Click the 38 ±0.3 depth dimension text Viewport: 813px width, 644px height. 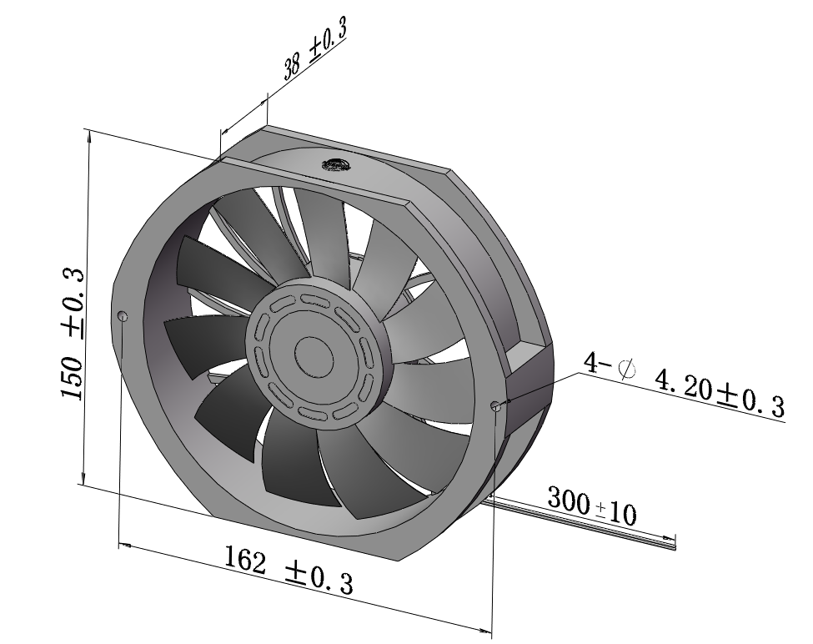314,48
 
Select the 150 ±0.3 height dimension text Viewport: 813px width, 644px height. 73,335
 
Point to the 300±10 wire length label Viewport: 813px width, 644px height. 591,506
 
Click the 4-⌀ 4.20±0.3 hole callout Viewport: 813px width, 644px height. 685,384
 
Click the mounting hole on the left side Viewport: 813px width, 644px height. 123,316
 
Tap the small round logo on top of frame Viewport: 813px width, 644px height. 336,164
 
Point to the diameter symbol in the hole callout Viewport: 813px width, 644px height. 627,370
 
